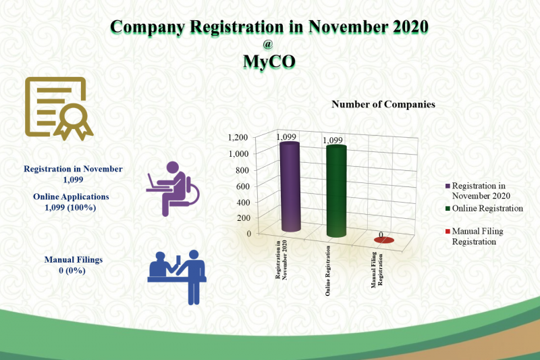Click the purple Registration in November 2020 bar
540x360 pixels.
click(x=290, y=186)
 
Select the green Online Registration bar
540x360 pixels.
click(x=336, y=191)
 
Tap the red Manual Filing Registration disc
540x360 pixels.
click(x=383, y=240)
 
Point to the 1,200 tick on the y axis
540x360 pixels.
click(x=238, y=138)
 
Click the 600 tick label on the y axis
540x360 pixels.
click(x=242, y=186)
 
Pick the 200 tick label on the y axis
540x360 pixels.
click(x=242, y=217)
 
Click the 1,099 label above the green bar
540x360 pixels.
click(x=333, y=140)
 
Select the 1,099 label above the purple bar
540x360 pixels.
click(x=286, y=136)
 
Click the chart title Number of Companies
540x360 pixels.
click(x=383, y=105)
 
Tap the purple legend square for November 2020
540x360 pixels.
click(x=448, y=186)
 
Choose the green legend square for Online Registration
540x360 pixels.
click(x=448, y=209)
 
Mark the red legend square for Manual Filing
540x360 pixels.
click(x=448, y=231)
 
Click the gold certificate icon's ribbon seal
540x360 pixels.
click(x=74, y=122)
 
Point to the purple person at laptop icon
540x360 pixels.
click(x=173, y=188)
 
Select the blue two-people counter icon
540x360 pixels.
click(x=177, y=277)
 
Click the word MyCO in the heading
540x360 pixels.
click(x=269, y=61)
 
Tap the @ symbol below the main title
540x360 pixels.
click(x=267, y=44)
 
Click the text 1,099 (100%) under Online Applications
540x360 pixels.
click(x=70, y=207)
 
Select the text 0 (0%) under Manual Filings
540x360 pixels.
click(x=72, y=270)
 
